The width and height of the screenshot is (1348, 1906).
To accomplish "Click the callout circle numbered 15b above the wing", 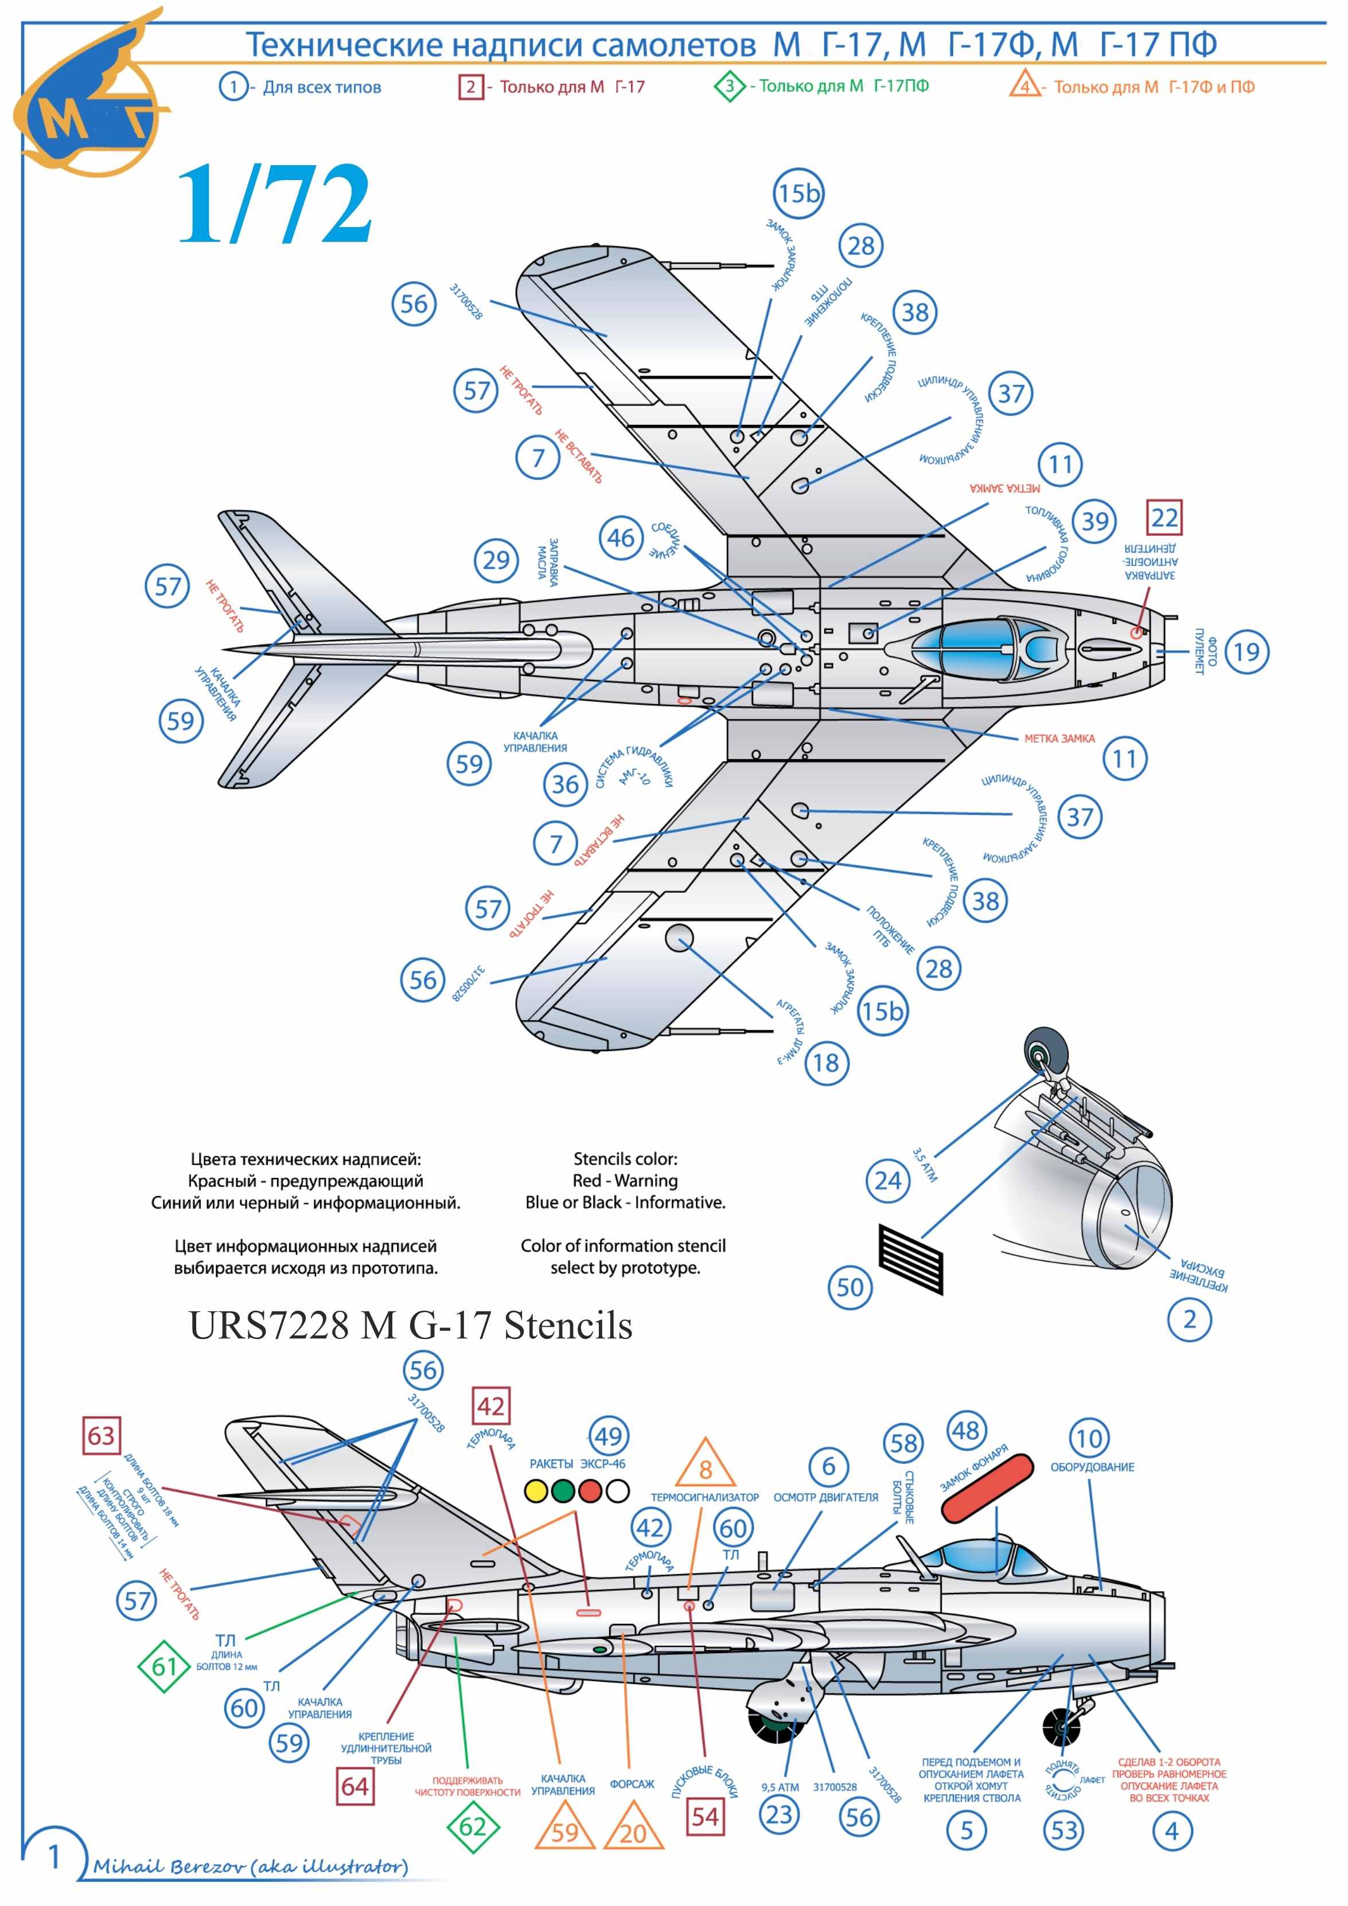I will click(x=798, y=193).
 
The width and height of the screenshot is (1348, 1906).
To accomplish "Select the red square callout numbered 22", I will click(x=1164, y=518).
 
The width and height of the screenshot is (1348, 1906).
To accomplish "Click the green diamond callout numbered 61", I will click(x=163, y=1665).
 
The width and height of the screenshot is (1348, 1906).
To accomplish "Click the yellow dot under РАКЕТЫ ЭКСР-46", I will click(x=537, y=1491).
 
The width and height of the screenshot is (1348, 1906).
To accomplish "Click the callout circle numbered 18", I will click(x=827, y=1063).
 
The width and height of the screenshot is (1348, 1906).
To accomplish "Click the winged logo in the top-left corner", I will click(x=87, y=95).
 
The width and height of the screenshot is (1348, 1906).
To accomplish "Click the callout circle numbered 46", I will click(x=621, y=538).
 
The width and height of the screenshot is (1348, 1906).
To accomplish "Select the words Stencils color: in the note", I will click(x=625, y=1159).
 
